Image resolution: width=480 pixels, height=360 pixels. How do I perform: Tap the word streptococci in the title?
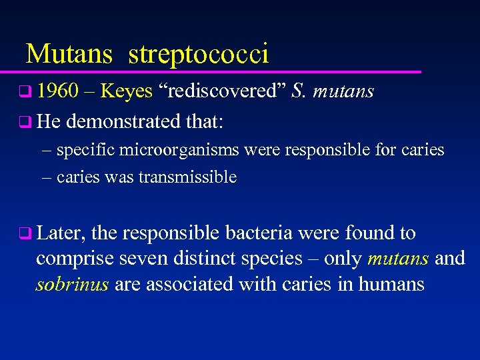[198, 54]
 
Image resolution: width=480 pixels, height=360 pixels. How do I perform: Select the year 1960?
[59, 91]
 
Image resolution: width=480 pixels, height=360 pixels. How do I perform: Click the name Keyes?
[127, 92]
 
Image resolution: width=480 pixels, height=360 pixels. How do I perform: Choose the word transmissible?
[188, 177]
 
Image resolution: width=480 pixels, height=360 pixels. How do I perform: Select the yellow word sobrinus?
[72, 285]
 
